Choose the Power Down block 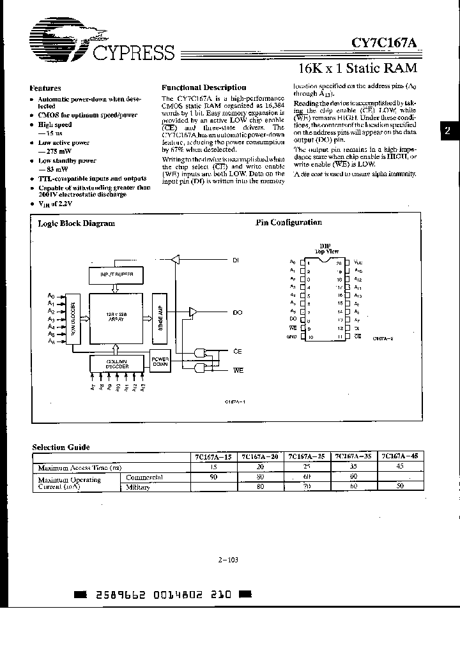pyautogui.click(x=160, y=362)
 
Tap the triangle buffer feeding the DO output pyautogui.click(x=193, y=312)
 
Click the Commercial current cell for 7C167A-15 pyautogui.click(x=215, y=477)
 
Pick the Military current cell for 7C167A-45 pyautogui.click(x=401, y=486)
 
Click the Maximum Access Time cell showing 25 pyautogui.click(x=307, y=467)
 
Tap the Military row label pyautogui.click(x=139, y=486)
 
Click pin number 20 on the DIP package pyautogui.click(x=339, y=263)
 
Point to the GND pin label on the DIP pyautogui.click(x=292, y=336)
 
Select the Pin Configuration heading pyautogui.click(x=289, y=223)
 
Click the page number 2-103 pyautogui.click(x=228, y=559)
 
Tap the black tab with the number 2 pyautogui.click(x=448, y=130)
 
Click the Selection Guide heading pyautogui.click(x=62, y=447)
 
